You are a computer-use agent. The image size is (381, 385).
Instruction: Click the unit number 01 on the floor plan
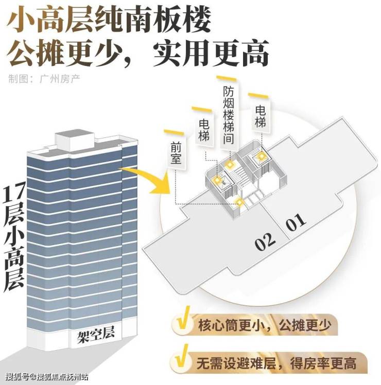[297, 222]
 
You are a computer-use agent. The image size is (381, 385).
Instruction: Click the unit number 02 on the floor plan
[265, 241]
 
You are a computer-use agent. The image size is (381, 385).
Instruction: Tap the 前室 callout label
[176, 153]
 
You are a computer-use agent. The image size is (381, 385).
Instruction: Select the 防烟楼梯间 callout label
[229, 115]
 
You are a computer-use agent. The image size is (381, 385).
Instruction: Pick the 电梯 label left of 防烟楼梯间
[204, 130]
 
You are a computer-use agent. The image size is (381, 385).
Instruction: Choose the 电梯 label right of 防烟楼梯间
[260, 116]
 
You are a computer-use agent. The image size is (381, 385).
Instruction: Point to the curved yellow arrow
[150, 177]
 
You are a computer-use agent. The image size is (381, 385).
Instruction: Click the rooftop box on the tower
[75, 141]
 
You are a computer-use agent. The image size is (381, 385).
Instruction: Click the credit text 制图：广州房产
[44, 79]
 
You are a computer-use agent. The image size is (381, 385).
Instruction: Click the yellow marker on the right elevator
[261, 156]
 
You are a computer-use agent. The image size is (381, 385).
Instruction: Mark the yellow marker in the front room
[239, 203]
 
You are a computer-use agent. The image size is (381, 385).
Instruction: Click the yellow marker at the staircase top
[230, 165]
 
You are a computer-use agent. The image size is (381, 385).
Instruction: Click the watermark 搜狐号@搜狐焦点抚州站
[47, 376]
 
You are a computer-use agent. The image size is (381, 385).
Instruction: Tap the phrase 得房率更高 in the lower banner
[323, 363]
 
